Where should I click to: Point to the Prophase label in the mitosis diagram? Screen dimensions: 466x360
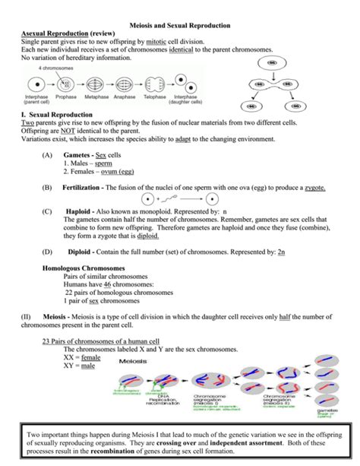coord(66,97)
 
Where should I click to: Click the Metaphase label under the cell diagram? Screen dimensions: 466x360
coord(96,97)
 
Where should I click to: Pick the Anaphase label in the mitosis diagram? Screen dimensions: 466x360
coord(125,97)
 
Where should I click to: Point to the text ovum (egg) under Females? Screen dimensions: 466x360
coord(115,171)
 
